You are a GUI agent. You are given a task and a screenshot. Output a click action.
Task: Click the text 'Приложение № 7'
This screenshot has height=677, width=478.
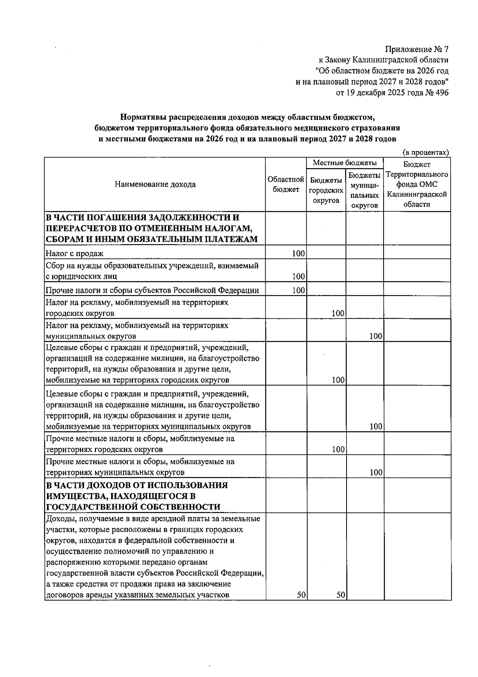(x=417, y=49)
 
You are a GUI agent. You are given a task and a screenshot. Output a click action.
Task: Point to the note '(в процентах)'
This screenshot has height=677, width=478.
(x=425, y=152)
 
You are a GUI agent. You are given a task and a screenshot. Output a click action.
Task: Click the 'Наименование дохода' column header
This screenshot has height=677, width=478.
(x=155, y=184)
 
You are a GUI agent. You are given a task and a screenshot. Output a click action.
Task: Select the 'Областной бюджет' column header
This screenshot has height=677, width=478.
(x=286, y=184)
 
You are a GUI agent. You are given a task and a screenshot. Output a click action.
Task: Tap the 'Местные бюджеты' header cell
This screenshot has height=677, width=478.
(x=345, y=163)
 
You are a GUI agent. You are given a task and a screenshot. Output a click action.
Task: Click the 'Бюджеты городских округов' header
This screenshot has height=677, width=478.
(x=326, y=191)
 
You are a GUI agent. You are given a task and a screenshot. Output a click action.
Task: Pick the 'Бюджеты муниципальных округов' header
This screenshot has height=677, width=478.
(x=364, y=190)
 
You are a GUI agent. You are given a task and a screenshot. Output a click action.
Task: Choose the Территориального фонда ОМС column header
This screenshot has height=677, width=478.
(x=417, y=184)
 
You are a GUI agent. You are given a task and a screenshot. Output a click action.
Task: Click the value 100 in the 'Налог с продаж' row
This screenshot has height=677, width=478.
(x=298, y=253)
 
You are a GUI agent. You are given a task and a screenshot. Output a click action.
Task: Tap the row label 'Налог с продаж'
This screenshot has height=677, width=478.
(x=74, y=253)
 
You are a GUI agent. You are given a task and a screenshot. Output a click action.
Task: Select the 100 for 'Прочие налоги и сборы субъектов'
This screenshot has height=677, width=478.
(x=298, y=290)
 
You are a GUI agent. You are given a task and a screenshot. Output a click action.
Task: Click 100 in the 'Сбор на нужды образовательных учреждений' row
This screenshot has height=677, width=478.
(x=298, y=276)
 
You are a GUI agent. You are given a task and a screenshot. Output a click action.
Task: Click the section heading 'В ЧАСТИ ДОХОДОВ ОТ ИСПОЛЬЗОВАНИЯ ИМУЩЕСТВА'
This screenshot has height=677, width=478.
(x=137, y=496)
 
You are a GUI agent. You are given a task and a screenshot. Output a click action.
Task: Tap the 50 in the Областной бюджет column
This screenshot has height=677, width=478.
(x=301, y=595)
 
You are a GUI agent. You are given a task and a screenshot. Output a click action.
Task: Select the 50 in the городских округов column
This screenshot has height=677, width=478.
(x=340, y=595)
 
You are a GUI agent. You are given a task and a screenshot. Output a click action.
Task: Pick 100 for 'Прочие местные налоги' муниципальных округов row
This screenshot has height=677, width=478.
(x=376, y=473)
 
